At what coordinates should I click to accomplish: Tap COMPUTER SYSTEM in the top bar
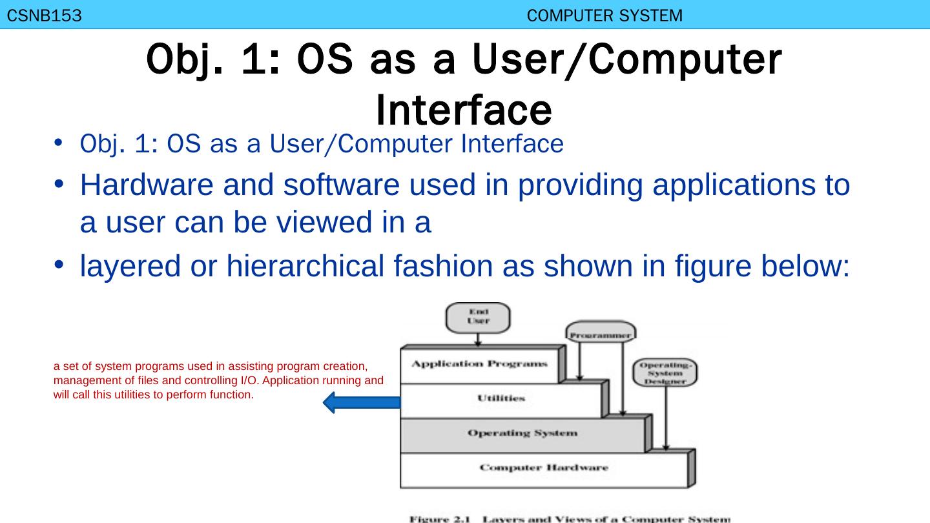pos(604,16)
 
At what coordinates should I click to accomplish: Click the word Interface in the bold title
pos(464,110)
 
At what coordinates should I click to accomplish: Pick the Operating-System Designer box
pos(665,373)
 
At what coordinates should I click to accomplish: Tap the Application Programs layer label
pos(479,364)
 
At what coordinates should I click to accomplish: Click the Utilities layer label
pos(501,398)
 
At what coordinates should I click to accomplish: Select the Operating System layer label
pos(522,433)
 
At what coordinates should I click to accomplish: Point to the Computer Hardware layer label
pos(544,467)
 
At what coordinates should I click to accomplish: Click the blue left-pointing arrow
pos(362,402)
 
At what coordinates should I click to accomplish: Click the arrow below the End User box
pos(478,340)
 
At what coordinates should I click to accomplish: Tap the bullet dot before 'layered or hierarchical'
pos(57,265)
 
